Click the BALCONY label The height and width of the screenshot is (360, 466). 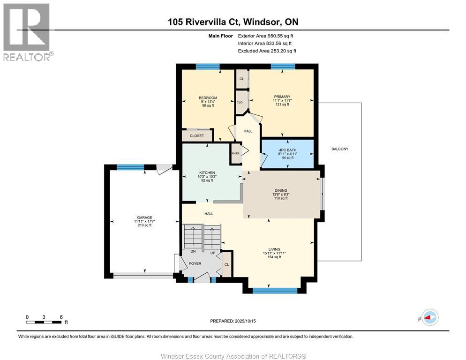(x=340, y=149)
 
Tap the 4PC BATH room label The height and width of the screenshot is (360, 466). (x=287, y=150)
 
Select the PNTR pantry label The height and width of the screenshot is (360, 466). (x=235, y=153)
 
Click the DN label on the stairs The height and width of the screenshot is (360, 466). (x=193, y=251)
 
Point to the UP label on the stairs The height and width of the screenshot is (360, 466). (x=213, y=253)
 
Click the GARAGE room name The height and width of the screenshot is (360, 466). (x=144, y=217)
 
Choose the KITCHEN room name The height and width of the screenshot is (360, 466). (x=207, y=172)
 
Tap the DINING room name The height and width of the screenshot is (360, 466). (x=281, y=191)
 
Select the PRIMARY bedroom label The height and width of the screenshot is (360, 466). (x=282, y=97)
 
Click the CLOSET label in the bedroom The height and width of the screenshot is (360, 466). (x=197, y=136)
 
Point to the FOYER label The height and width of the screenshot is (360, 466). (x=195, y=264)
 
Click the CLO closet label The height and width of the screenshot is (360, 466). (x=240, y=102)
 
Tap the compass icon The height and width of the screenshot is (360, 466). (x=430, y=317)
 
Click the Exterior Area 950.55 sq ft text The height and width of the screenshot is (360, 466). (x=265, y=36)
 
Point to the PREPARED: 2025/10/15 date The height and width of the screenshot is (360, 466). (x=233, y=321)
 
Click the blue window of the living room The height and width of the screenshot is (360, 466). (x=275, y=291)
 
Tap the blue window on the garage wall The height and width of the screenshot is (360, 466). (x=130, y=167)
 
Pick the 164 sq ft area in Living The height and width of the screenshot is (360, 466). (x=274, y=257)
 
